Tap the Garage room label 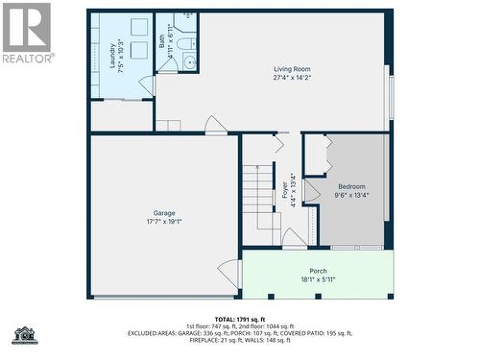[x=164, y=212]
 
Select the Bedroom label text [x=351, y=186]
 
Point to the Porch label [x=318, y=271]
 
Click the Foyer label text [x=285, y=192]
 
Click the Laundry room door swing [x=147, y=85]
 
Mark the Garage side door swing [x=229, y=273]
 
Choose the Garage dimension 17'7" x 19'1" [x=164, y=222]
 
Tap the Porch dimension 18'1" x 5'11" [x=318, y=279]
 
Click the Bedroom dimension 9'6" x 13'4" [x=351, y=195]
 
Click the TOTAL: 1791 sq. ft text [x=240, y=318]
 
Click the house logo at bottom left [x=23, y=335]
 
